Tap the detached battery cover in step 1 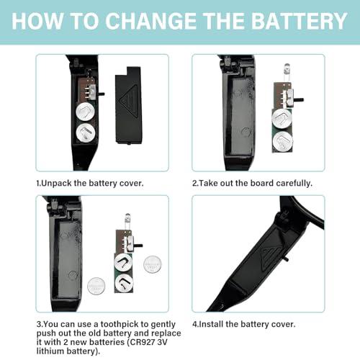[x=128, y=106]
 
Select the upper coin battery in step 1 [x=85, y=112]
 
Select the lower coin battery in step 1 [x=85, y=132]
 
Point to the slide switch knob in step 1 [x=102, y=94]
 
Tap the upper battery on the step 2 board [x=282, y=119]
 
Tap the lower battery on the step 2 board [x=283, y=141]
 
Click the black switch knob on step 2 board [x=299, y=99]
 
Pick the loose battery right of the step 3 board [x=152, y=264]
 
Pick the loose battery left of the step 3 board [x=96, y=286]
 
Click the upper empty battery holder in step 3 [x=123, y=262]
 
